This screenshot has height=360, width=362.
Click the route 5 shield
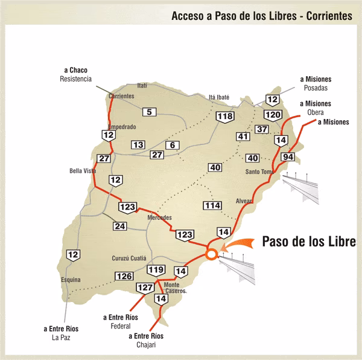click(x=149, y=111)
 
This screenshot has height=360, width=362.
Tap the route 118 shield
click(x=225, y=117)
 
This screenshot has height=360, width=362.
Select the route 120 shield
click(x=273, y=115)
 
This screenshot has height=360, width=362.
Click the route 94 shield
click(x=288, y=157)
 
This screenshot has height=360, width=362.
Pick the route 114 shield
click(x=212, y=205)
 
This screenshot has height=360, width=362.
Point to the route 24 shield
click(x=119, y=227)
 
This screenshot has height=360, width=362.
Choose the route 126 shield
click(x=124, y=276)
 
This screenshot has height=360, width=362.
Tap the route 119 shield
click(x=156, y=269)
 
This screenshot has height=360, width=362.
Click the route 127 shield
click(x=145, y=288)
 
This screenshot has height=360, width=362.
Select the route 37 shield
click(x=262, y=129)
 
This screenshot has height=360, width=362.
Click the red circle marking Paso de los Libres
click(x=211, y=254)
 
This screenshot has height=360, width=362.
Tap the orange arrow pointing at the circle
click(x=237, y=245)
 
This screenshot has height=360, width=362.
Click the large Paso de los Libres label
click(x=310, y=241)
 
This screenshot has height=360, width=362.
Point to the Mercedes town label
click(x=160, y=217)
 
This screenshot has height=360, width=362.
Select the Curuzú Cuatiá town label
click(x=129, y=259)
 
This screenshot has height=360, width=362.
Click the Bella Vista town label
click(x=83, y=171)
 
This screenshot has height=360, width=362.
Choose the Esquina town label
click(x=71, y=280)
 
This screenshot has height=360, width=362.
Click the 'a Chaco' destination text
click(x=75, y=71)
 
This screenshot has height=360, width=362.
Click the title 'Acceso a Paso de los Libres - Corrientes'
click(x=261, y=16)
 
